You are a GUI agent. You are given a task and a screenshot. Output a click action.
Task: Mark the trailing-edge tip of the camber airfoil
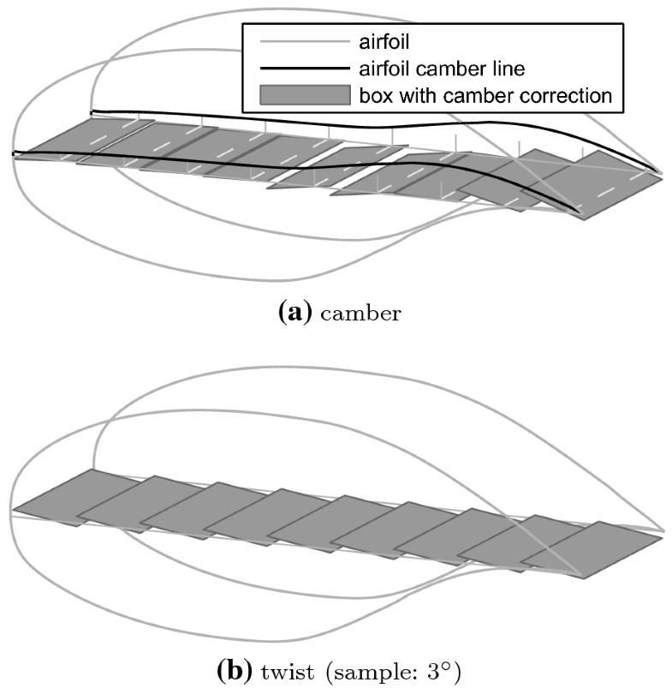click(x=662, y=173)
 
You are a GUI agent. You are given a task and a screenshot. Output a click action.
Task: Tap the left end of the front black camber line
click(x=14, y=153)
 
